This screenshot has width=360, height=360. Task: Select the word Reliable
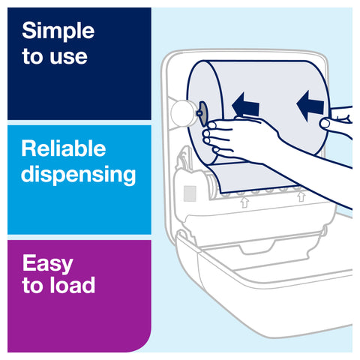64,148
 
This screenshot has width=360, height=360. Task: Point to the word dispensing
79,175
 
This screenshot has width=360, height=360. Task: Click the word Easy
47,263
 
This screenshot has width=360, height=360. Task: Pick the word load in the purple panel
72,284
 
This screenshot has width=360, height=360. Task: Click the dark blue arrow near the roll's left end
245,104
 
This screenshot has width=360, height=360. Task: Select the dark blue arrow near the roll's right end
310,106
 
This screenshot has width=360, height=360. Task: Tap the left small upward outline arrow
244,202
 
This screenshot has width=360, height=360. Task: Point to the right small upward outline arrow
301,196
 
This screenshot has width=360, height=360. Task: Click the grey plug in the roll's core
202,114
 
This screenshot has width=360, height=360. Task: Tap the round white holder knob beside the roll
183,113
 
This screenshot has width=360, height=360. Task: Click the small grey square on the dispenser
190,193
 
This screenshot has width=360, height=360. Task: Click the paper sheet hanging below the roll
253,178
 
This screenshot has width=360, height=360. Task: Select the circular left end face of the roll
205,112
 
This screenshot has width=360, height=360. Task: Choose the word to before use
33,57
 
